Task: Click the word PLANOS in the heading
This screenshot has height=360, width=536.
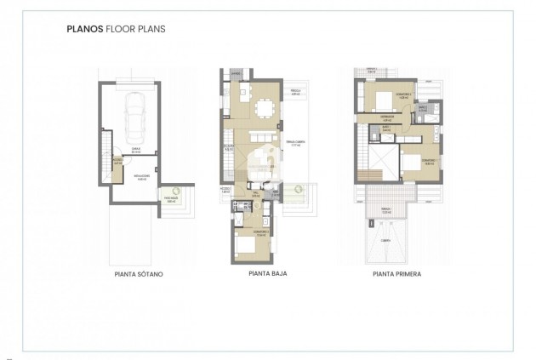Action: coord(83,28)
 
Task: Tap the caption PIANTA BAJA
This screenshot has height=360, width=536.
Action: coord(266,275)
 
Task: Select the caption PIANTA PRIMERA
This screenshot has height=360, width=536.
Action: coord(397,275)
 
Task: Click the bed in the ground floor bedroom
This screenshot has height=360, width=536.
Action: coord(248,246)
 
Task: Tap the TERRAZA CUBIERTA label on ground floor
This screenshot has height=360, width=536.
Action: coord(295,146)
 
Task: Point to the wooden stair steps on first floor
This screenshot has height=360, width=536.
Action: coord(372,176)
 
